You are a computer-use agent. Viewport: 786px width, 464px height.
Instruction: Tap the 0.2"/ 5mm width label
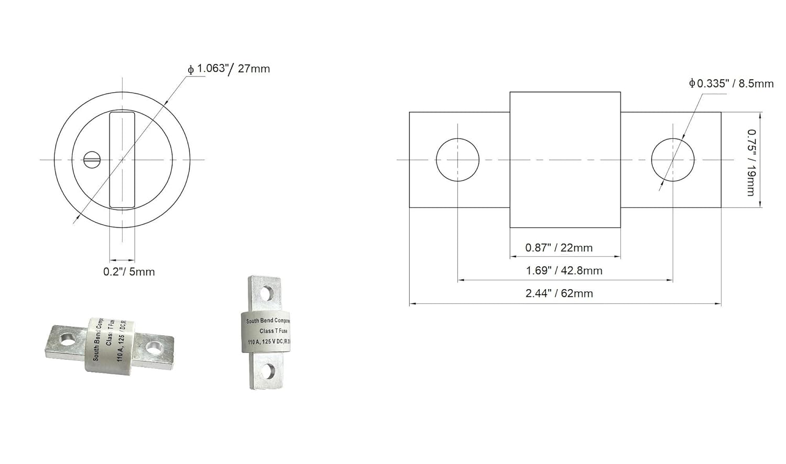129,272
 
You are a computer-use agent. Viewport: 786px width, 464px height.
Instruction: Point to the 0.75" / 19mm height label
751,162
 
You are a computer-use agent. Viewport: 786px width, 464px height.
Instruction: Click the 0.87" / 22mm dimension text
559,248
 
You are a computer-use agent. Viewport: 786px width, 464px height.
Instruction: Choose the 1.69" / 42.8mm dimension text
564,271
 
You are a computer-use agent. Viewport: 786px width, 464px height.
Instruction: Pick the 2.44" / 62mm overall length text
559,293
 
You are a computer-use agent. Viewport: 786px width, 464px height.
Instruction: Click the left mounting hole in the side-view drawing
457,160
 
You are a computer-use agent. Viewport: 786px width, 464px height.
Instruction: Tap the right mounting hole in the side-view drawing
672,160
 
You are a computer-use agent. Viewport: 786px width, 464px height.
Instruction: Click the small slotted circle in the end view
92,159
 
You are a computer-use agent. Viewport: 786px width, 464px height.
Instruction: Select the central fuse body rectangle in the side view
565,160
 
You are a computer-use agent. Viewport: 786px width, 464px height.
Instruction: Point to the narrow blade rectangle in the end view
122,159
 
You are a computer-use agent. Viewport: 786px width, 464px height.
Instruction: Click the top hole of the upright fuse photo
267,293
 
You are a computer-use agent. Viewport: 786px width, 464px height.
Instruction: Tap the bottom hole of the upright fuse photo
267,371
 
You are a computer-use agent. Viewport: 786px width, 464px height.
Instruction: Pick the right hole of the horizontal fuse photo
154,347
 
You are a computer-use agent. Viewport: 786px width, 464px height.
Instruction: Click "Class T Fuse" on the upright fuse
274,331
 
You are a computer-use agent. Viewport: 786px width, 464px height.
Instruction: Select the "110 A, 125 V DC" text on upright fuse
265,342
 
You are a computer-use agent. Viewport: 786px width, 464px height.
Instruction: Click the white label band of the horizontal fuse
109,345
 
